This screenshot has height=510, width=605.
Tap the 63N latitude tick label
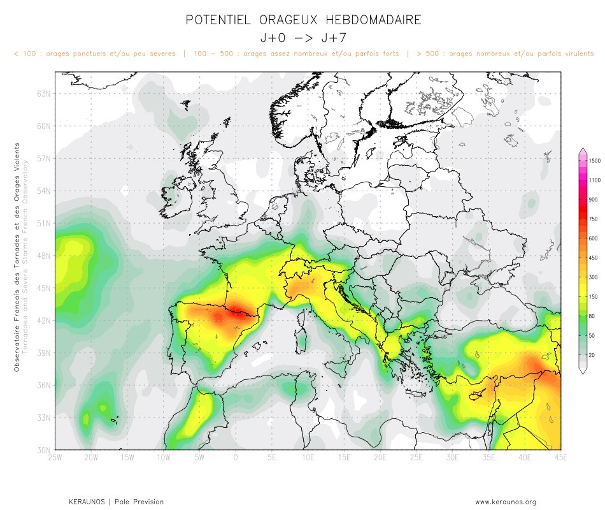coord(44,94)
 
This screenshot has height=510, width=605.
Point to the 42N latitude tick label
coord(44,320)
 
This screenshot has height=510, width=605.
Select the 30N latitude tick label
coord(44,449)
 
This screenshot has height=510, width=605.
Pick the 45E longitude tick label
coord(560,458)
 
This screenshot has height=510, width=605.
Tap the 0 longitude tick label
coord(236,458)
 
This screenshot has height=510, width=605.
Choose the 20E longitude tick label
coord(380,458)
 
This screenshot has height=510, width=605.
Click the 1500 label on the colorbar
coord(595,161)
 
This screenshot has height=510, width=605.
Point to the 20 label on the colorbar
coord(592,354)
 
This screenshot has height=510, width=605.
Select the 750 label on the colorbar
coord(594,219)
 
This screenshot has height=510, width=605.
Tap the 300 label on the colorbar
coord(594,277)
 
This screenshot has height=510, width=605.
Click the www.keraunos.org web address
coord(506,502)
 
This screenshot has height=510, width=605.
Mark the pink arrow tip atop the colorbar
coord(582,151)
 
